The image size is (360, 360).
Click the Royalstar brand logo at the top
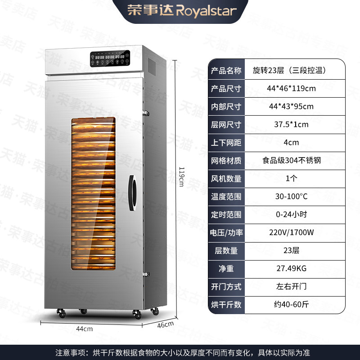[182, 10]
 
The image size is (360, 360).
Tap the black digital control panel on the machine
[110, 58]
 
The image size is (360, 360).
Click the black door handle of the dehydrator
[132, 193]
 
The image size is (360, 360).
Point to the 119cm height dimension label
[181, 177]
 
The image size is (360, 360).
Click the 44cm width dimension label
[85, 329]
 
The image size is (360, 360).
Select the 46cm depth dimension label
[166, 324]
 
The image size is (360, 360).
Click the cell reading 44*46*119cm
[291, 88]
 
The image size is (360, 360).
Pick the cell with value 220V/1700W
[291, 232]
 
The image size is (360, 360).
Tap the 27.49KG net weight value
[291, 268]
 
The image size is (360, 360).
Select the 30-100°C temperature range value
[291, 196]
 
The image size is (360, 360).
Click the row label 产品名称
[226, 71]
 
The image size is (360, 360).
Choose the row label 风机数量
[226, 179]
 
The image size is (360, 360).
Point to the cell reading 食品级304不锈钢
[291, 160]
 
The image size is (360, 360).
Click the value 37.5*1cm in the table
[291, 125]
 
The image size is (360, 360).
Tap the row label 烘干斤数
[226, 305]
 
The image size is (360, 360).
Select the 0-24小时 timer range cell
[291, 215]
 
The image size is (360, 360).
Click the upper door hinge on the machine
[145, 113]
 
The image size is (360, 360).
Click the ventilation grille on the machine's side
[152, 66]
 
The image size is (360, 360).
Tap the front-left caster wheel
[61, 313]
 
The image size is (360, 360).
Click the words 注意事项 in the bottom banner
[70, 353]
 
